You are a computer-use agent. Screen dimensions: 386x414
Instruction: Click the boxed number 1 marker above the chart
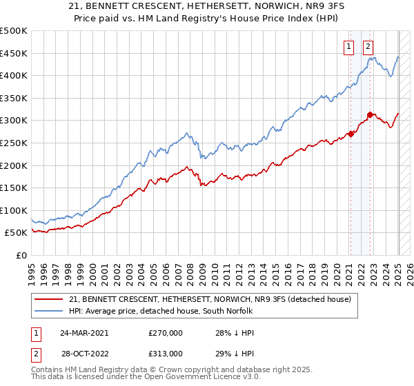point(349,47)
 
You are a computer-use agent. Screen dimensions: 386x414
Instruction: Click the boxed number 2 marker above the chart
point(368,47)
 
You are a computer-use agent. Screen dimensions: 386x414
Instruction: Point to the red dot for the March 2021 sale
point(351,134)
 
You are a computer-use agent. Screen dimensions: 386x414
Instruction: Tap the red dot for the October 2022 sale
point(371,114)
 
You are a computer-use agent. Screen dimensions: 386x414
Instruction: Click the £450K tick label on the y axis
point(14,53)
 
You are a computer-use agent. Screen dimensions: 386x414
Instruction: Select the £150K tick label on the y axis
point(14,187)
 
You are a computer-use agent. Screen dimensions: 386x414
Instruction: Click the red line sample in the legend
point(49,299)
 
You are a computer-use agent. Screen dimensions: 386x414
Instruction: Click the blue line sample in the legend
point(49,311)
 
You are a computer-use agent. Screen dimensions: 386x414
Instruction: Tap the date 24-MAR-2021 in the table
point(83,332)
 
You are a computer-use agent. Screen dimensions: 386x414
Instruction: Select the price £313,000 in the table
point(166,353)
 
